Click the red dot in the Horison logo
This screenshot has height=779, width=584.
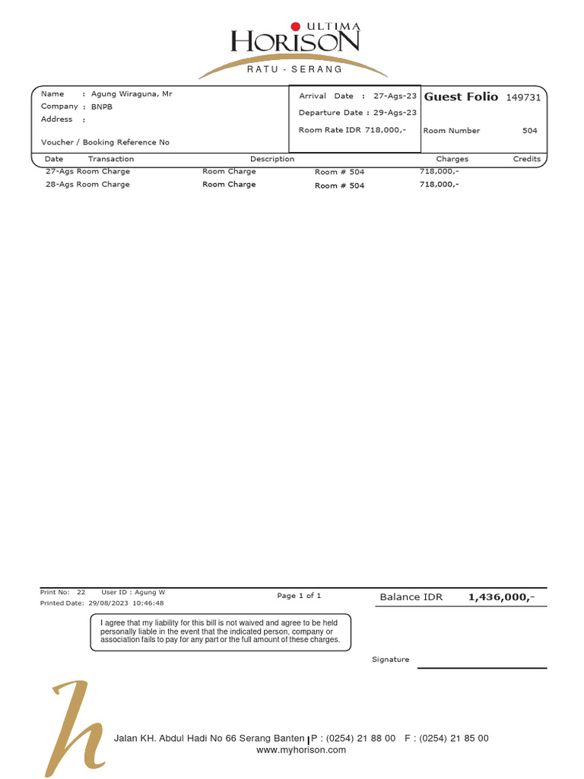click(296, 27)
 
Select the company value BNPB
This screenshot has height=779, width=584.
click(101, 107)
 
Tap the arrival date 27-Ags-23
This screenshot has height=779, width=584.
click(395, 97)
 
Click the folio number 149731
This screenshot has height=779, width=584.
click(523, 97)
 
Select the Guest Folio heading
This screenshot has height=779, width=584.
click(461, 97)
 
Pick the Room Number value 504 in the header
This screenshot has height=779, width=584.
click(529, 131)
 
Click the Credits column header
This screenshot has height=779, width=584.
click(526, 159)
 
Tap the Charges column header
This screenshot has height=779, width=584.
click(452, 159)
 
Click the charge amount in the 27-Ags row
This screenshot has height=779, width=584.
click(439, 172)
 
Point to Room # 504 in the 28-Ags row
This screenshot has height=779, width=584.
click(339, 186)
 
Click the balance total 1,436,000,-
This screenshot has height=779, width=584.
click(501, 597)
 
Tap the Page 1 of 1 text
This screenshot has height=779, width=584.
click(299, 596)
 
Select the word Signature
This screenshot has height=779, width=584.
click(390, 660)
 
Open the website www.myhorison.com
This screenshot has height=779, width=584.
click(301, 750)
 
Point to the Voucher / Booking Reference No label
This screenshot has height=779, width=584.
click(105, 142)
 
